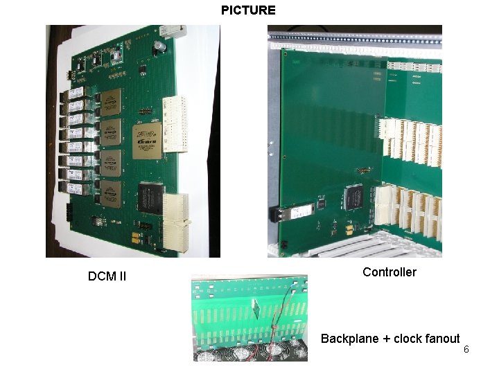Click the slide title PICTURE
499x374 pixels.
[248, 10]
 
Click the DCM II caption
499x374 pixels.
[107, 277]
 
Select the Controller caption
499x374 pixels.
[389, 272]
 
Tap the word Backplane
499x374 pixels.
[350, 339]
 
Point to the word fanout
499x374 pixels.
[441, 339]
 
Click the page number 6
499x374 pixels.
[466, 349]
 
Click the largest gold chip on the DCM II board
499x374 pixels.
[146, 141]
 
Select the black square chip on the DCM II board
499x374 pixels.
[150, 197]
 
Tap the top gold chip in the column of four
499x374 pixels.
[110, 101]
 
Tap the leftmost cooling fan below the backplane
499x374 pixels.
[207, 353]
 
